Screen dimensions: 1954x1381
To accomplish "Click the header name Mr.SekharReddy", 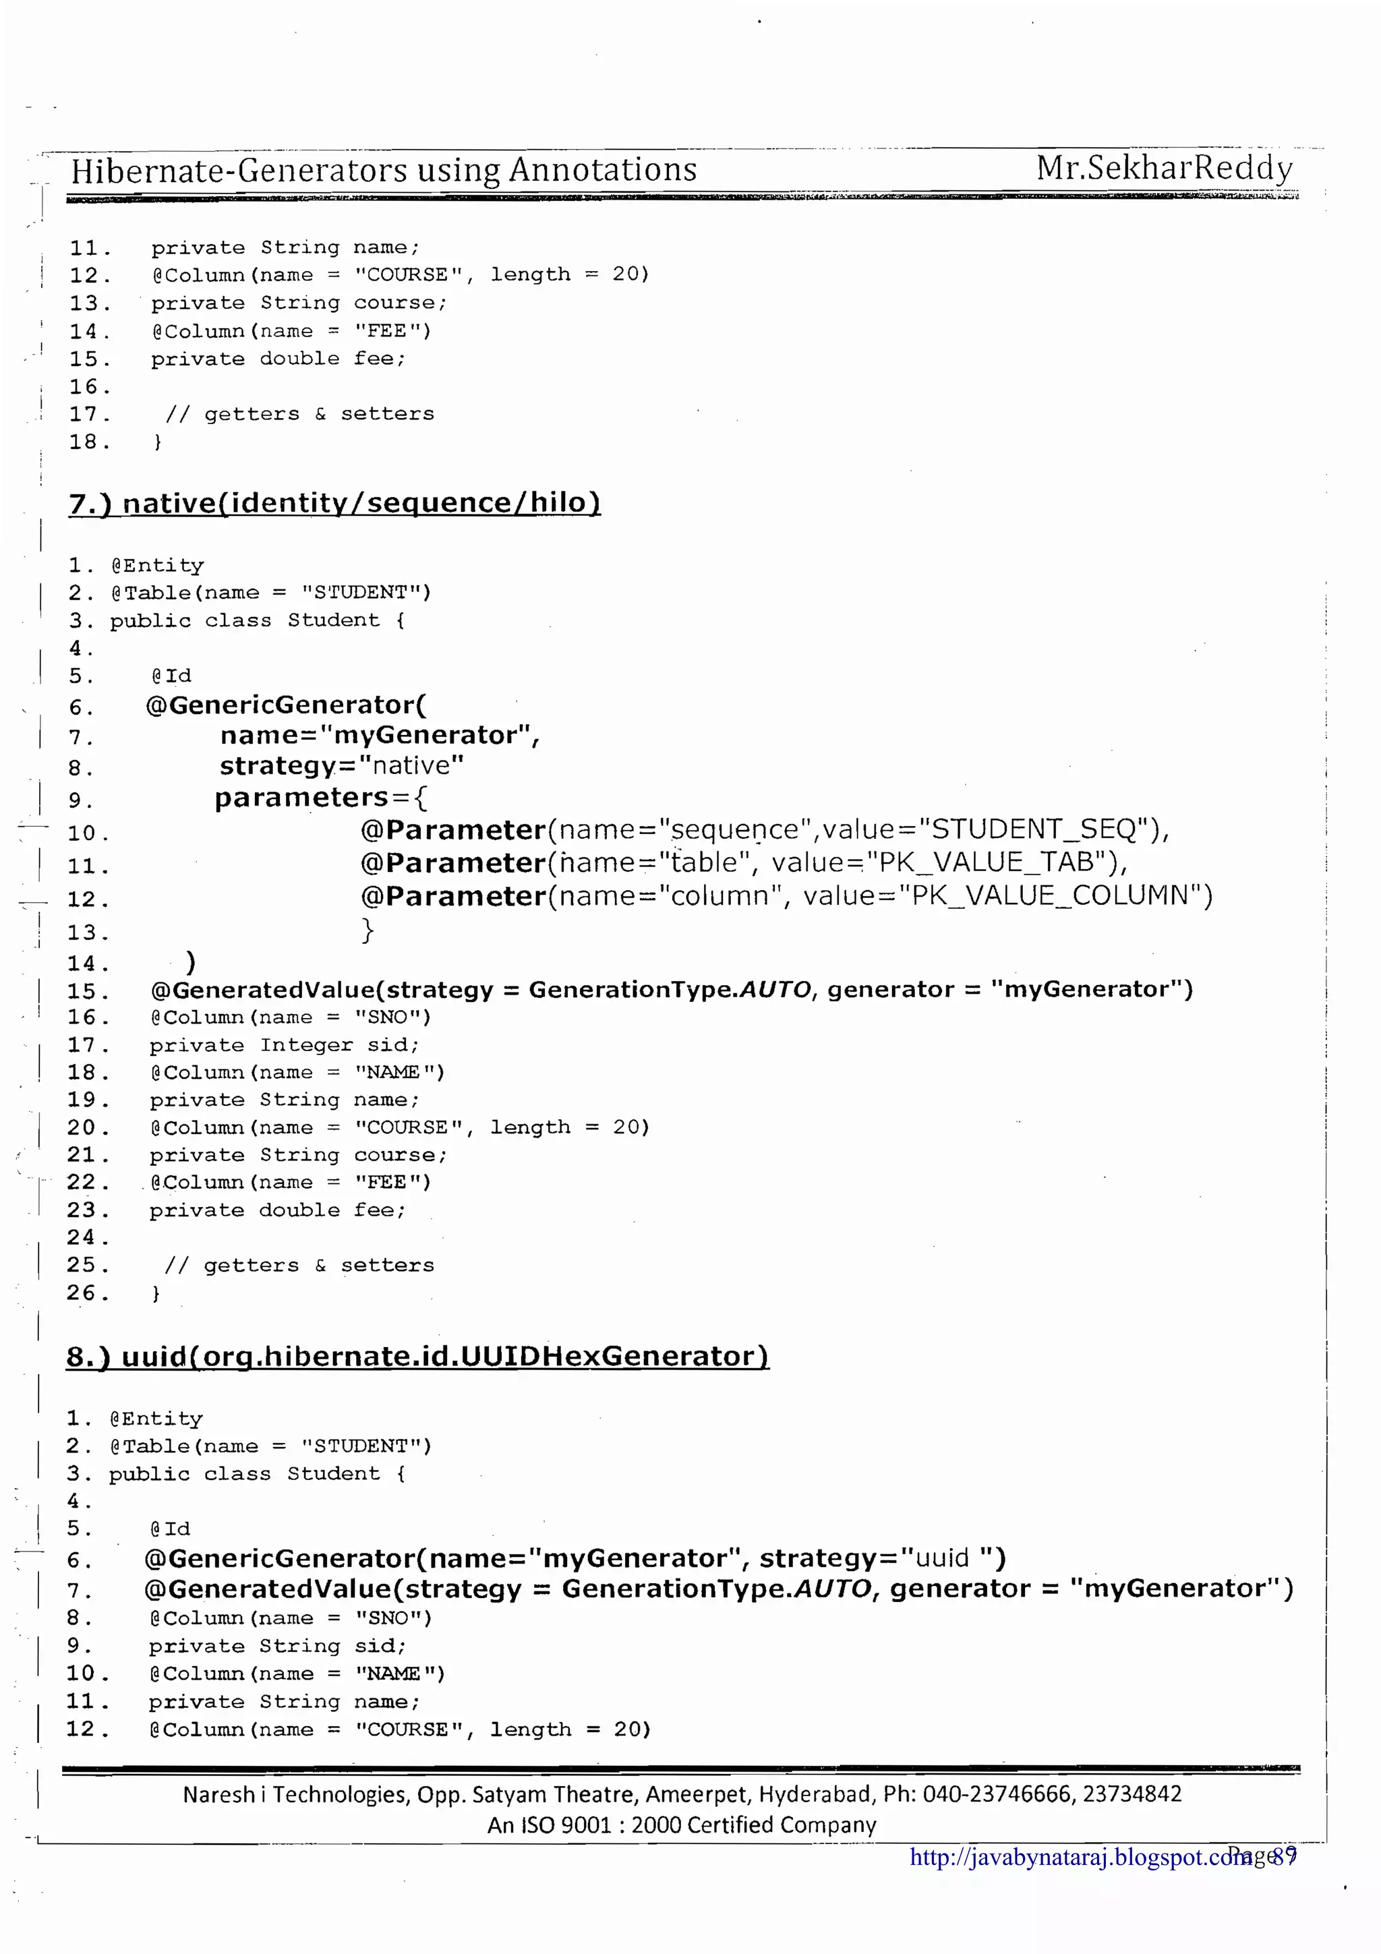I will coord(1163,168).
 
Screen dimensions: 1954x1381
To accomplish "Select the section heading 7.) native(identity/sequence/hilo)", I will coord(334,502).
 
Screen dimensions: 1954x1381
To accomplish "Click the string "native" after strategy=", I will coord(411,765).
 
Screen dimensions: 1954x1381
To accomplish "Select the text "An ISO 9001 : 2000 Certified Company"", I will coord(682,1825).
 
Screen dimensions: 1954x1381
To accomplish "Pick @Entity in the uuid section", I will coord(156,1418).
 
